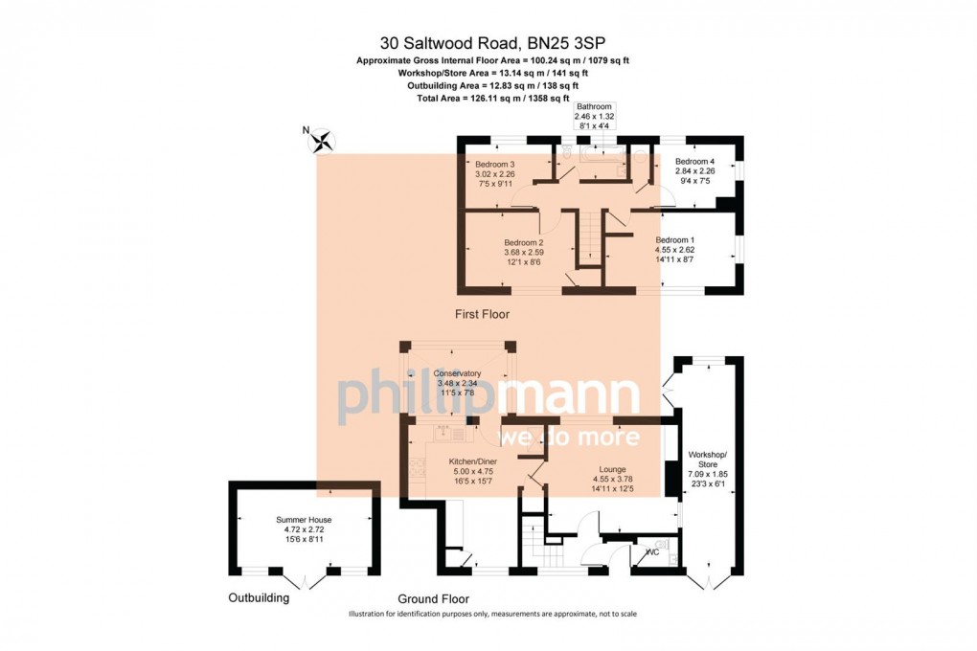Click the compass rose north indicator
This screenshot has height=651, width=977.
point(322,140)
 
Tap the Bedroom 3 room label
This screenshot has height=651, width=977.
point(495,174)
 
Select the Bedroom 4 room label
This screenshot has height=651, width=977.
point(694,170)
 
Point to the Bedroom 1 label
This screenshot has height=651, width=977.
point(675,249)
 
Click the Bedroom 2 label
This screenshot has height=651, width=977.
point(524,253)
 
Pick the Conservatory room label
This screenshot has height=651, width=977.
point(457,383)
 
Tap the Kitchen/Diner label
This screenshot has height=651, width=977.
point(473,471)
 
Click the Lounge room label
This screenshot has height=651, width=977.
point(612,479)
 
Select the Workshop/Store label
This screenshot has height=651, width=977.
point(708,464)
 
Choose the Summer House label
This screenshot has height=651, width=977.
point(304,528)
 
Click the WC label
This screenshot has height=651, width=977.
point(653,552)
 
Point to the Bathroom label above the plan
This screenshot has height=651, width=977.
point(594,116)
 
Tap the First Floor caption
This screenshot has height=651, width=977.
point(482,314)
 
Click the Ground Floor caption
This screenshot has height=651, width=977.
point(434,598)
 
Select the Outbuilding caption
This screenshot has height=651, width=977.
point(260,598)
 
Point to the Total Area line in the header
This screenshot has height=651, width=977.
point(493,98)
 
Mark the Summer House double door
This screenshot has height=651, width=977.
point(305,579)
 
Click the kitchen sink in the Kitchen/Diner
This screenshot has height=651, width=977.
point(444,431)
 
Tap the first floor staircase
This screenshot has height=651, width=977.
point(588,236)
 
